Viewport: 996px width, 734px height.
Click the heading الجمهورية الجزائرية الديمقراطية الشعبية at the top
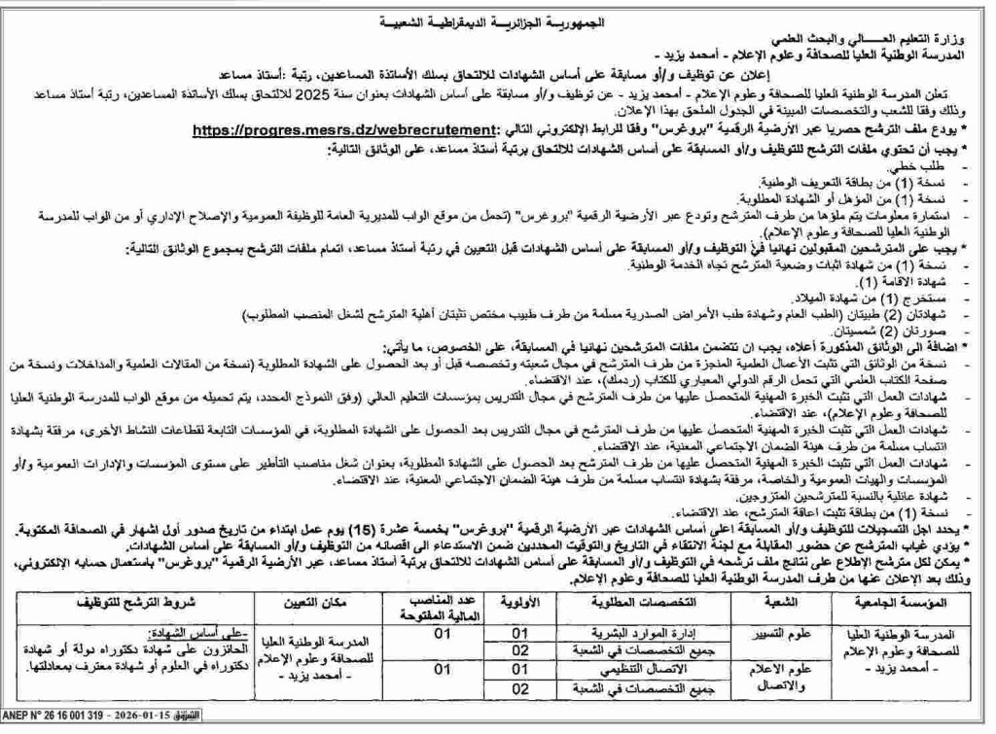point(499,20)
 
